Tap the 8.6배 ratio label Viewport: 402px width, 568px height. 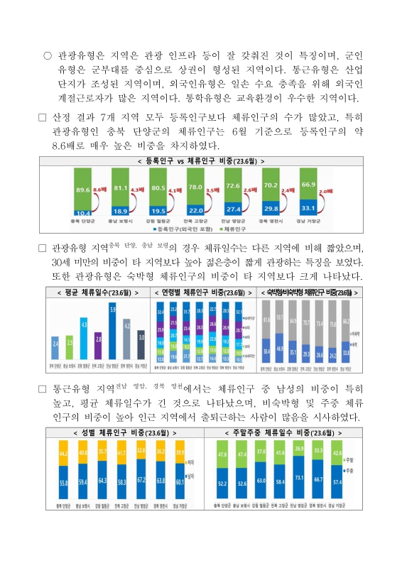99,189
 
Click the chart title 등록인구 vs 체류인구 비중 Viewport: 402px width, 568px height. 202,161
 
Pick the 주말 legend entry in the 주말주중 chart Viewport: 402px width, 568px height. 349,462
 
